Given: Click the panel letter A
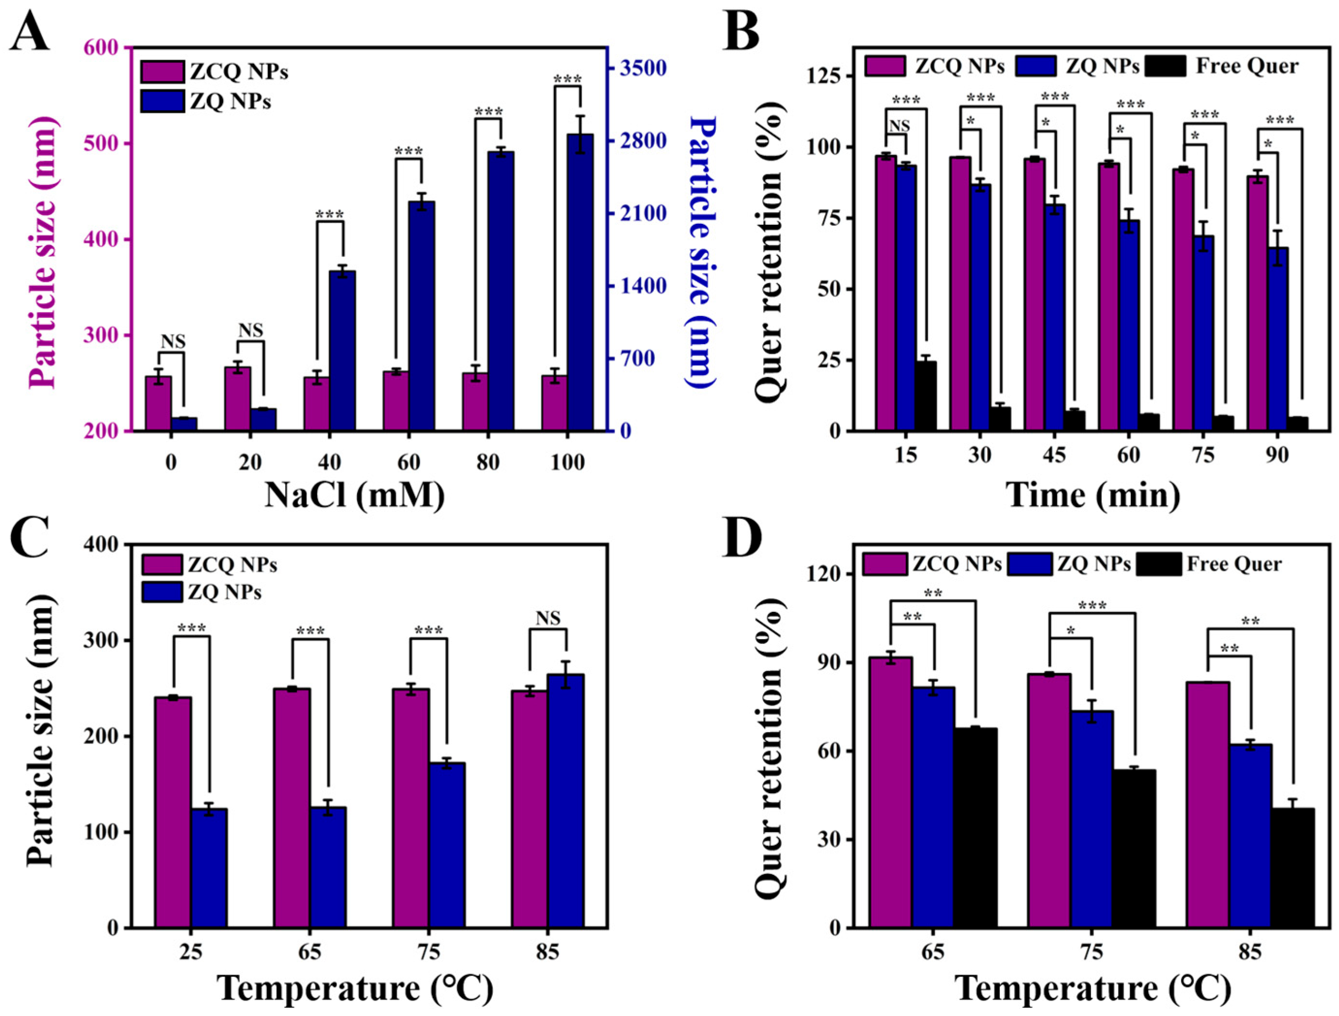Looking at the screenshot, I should click(30, 33).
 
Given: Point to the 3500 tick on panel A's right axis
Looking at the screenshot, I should click(642, 68).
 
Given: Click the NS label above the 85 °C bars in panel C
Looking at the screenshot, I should click(549, 618).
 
